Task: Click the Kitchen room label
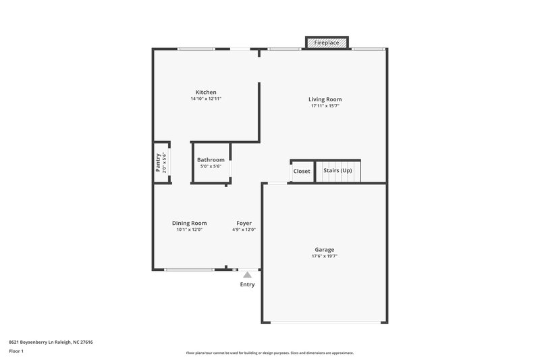206,93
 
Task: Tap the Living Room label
325,99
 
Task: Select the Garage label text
324,250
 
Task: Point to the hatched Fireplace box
327,43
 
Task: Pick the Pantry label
159,162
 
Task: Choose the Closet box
302,172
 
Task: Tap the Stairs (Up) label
337,171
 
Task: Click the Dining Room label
189,223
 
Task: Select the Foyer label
244,223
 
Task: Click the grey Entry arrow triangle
248,275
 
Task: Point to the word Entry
248,284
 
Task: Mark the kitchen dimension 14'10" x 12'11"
206,99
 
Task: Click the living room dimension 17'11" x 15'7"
325,106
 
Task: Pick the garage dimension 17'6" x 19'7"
324,257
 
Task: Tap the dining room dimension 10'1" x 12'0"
189,230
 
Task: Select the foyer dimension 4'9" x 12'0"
244,230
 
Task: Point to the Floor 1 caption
16,352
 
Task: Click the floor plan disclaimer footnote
270,353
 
